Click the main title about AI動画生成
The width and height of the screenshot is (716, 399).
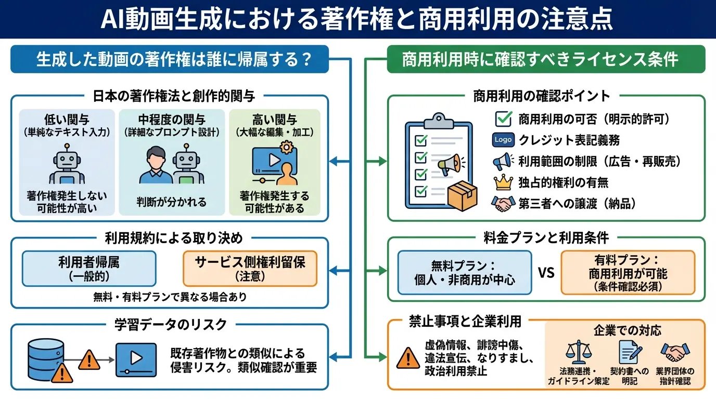click(x=358, y=19)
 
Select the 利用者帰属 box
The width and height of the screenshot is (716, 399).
click(x=89, y=268)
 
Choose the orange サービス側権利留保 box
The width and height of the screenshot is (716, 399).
click(x=250, y=268)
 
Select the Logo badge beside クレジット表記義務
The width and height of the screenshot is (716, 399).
click(x=503, y=140)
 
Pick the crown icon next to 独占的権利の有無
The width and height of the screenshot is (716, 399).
click(x=503, y=182)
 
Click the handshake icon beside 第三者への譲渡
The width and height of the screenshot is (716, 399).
click(x=503, y=204)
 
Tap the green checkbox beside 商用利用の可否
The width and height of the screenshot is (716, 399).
click(x=503, y=118)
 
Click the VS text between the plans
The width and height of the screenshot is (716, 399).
click(x=546, y=272)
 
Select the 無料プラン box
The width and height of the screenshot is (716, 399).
click(x=465, y=272)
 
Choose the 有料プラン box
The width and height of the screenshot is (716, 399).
click(x=628, y=272)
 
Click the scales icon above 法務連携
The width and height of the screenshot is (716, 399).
click(x=578, y=353)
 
